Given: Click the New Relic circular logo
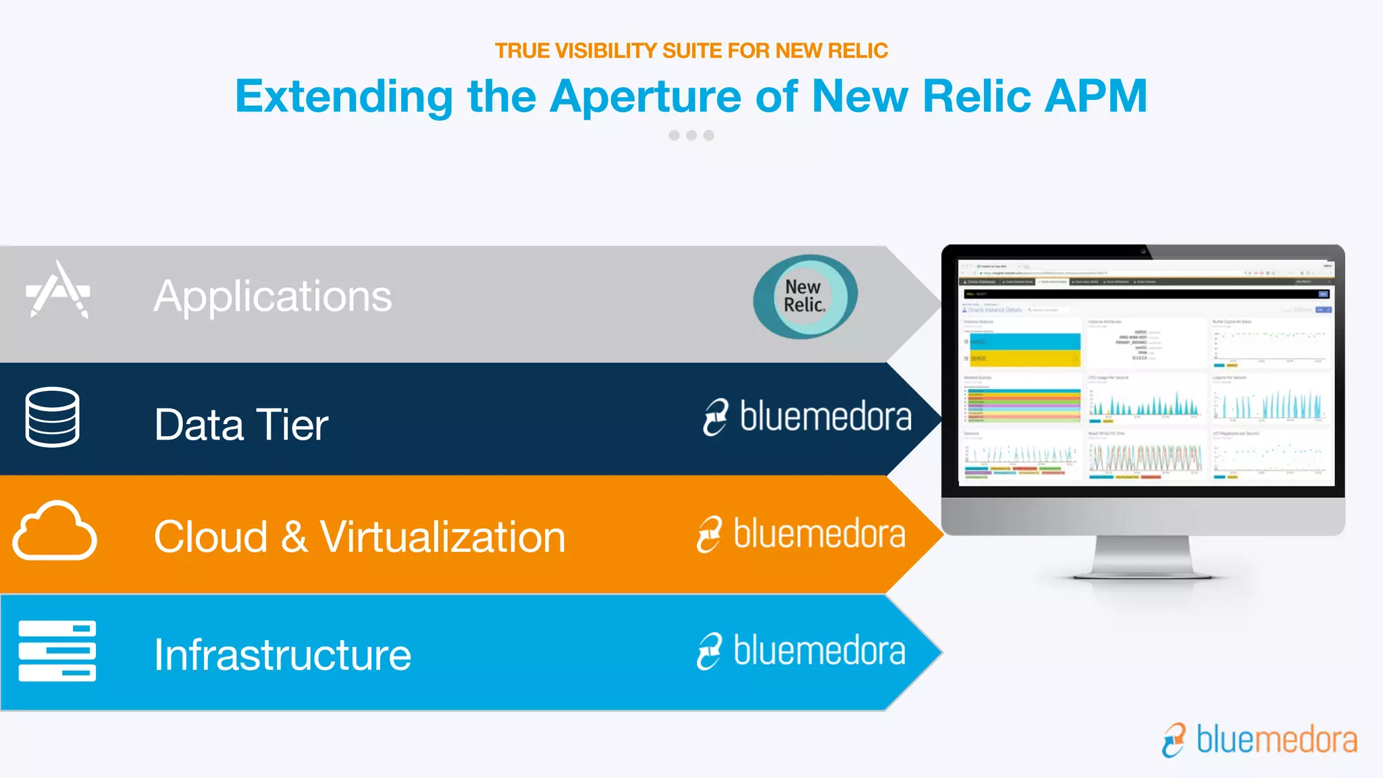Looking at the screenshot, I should pyautogui.click(x=805, y=296).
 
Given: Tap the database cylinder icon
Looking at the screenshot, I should pyautogui.click(x=52, y=417).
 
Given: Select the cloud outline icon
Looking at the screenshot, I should pyautogui.click(x=54, y=531).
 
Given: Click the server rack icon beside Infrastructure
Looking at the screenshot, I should pyautogui.click(x=57, y=650).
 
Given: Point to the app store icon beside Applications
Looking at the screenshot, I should pyautogui.click(x=58, y=290).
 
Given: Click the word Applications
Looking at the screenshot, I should pyautogui.click(x=272, y=296).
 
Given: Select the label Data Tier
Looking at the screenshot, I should pyautogui.click(x=241, y=425).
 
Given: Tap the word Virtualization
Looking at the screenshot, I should pyautogui.click(x=442, y=538).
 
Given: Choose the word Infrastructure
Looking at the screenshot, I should pyautogui.click(x=282, y=654).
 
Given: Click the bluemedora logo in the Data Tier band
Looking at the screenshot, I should pyautogui.click(x=807, y=417).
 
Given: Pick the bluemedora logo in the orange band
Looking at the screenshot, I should pyautogui.click(x=801, y=534).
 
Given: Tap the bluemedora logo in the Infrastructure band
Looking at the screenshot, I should pyautogui.click(x=801, y=651).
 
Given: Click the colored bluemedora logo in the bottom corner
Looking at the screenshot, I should pyautogui.click(x=1259, y=740).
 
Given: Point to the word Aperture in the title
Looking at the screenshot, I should pyautogui.click(x=646, y=96).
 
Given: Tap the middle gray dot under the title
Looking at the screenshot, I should pyautogui.click(x=691, y=136).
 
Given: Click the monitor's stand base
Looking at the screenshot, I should pyautogui.click(x=1142, y=573).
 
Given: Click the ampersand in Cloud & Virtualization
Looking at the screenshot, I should pyautogui.click(x=294, y=538).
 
